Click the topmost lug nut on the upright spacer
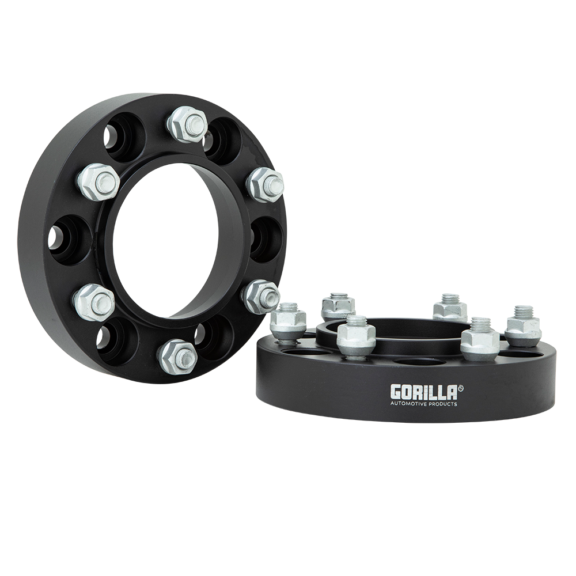(x=188, y=124)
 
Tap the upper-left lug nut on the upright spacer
(x=98, y=181)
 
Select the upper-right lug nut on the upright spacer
(x=264, y=184)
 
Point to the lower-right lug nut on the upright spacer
(x=261, y=296)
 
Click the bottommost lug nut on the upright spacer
(x=177, y=356)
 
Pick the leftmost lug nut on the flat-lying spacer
(x=289, y=321)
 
